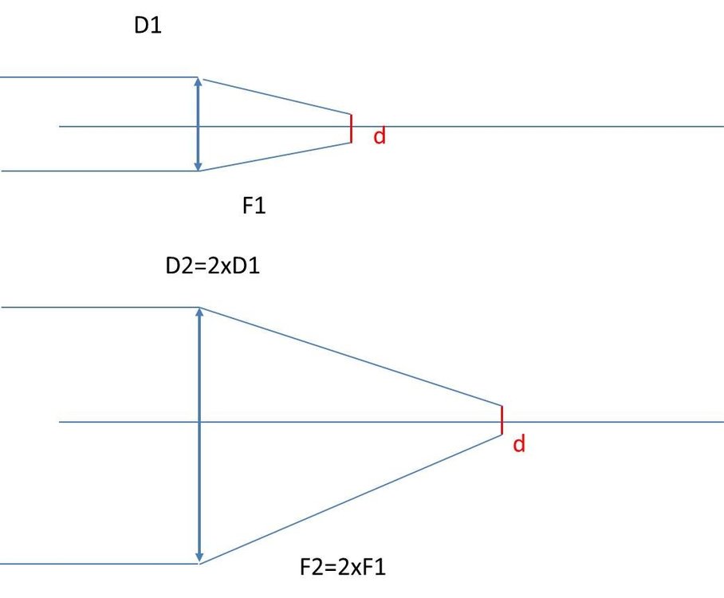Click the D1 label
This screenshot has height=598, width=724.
coord(148,27)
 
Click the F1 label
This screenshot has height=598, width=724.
coord(254,207)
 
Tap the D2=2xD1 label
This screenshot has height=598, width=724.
coord(211,266)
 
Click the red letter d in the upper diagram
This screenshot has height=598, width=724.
coord(380,136)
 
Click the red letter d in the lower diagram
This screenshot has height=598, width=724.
coord(519,444)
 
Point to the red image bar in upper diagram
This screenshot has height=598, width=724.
coord(351,128)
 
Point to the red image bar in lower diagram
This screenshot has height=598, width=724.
coord(502,420)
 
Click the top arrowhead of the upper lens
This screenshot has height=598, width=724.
coord(199,81)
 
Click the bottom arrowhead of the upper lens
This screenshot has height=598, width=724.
coord(199,167)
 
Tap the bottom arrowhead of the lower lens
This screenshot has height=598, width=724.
coord(199,557)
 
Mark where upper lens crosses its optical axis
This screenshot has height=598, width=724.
coord(199,126)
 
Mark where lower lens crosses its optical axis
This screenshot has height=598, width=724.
coord(199,421)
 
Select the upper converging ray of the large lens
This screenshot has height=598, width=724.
coord(351,356)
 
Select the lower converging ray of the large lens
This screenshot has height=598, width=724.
coord(351,499)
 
